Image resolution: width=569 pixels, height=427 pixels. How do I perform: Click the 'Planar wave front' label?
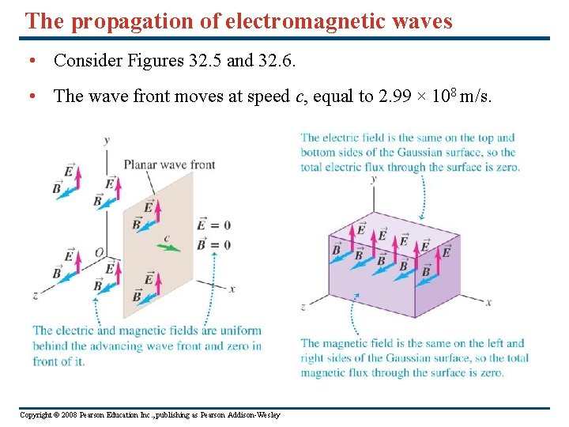169,164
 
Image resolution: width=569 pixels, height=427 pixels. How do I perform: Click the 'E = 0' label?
215,225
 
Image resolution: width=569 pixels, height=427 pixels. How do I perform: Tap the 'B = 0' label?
215,245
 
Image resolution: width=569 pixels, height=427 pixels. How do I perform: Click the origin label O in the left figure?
99,251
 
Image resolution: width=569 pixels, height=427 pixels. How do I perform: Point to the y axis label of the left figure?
107,140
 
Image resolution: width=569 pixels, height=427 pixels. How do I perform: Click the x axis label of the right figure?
488,302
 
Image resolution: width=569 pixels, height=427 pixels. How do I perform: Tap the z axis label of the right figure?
303,307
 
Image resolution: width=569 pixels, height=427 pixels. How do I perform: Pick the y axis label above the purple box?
373,179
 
